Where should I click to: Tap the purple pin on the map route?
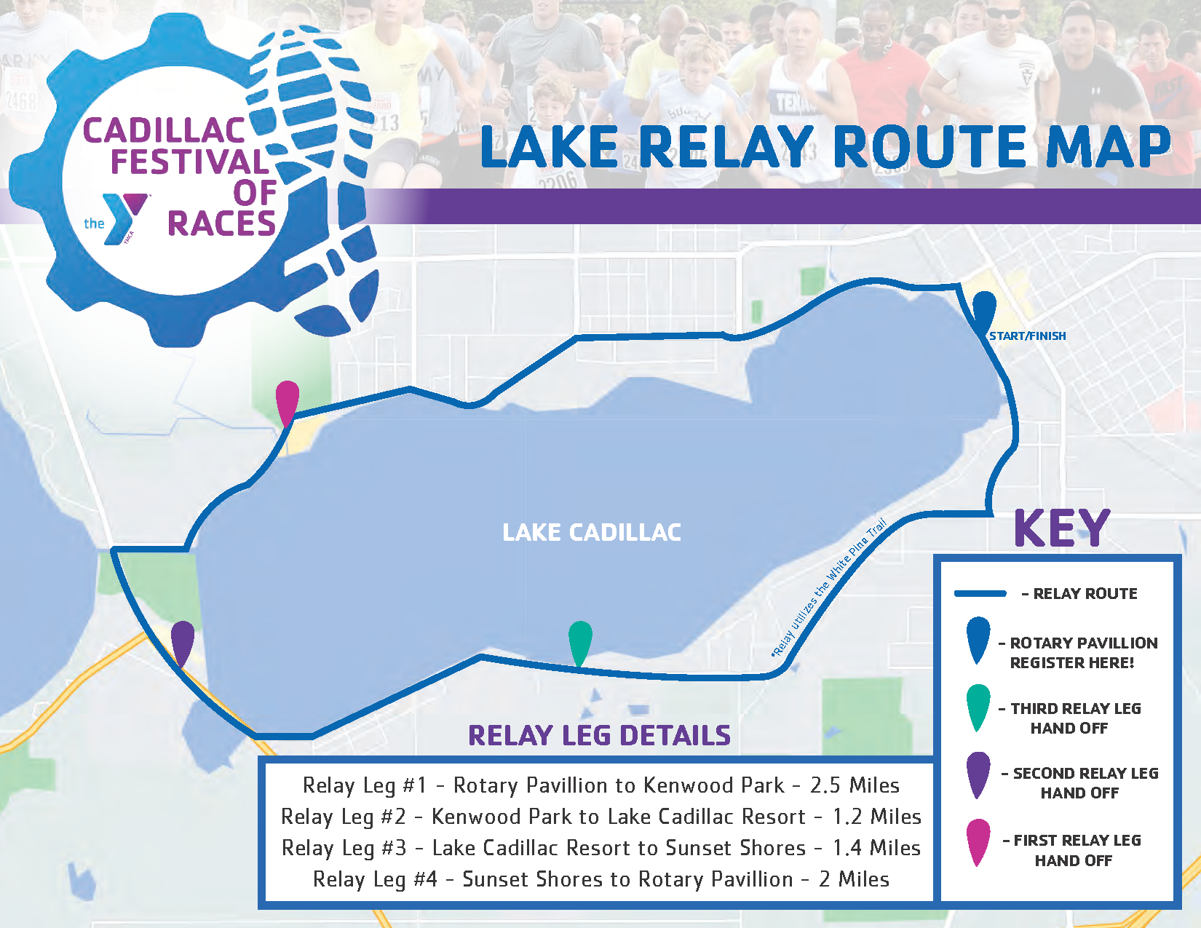[x=183, y=642]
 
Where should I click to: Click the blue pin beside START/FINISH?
[x=984, y=313]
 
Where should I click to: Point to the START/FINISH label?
[x=1028, y=336]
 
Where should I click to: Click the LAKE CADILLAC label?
[x=591, y=532]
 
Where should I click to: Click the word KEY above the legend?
[x=1062, y=528]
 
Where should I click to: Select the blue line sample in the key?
[x=980, y=594]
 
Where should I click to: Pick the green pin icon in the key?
[x=978, y=707]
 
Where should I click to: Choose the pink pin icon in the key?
[x=978, y=842]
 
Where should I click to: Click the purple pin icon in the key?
[x=978, y=775]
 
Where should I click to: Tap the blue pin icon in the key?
[x=978, y=640]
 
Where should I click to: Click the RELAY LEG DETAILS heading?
[x=599, y=735]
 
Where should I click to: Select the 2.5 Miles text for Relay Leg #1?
[x=855, y=785]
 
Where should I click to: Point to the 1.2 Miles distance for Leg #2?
[x=876, y=817]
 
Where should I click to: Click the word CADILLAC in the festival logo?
[x=164, y=131]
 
